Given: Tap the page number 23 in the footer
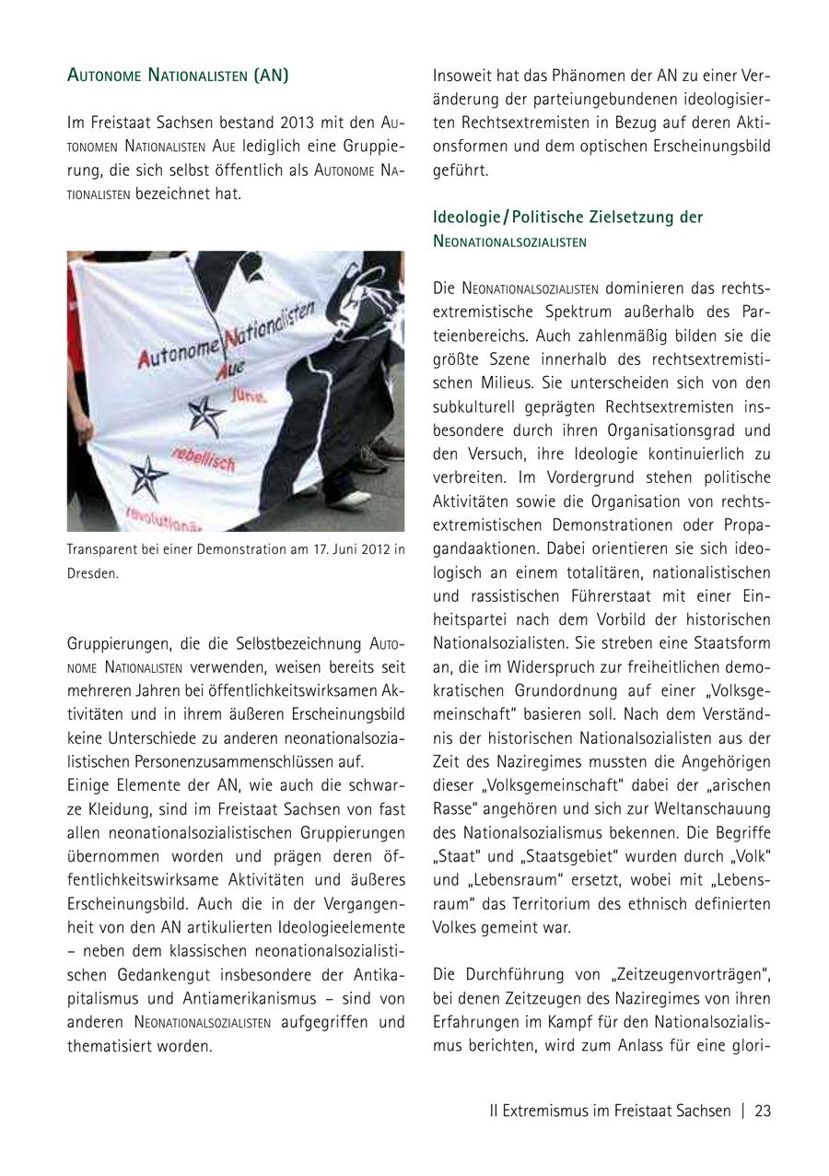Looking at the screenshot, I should tap(762, 1111).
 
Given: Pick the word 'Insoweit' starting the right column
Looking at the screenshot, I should tap(461, 76).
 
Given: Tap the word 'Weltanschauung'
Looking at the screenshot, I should tap(720, 808).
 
